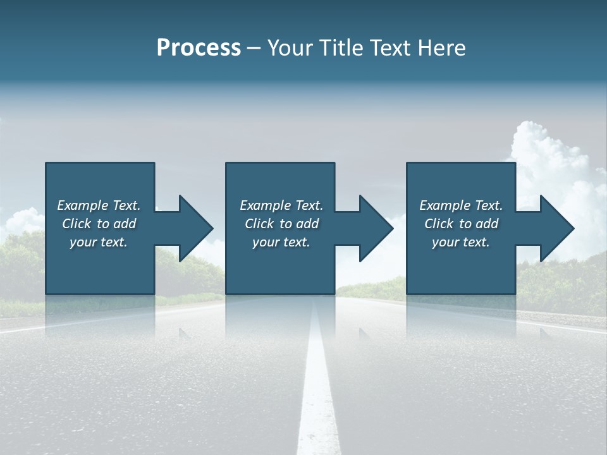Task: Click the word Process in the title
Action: pyautogui.click(x=199, y=48)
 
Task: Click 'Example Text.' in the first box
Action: pyautogui.click(x=99, y=205)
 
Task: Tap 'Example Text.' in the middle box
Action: pyautogui.click(x=281, y=205)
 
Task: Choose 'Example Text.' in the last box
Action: pyautogui.click(x=461, y=205)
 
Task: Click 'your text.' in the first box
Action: pyautogui.click(x=99, y=242)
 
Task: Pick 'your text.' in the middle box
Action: pyautogui.click(x=281, y=242)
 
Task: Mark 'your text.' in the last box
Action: pyautogui.click(x=461, y=242)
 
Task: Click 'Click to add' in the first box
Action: pyautogui.click(x=99, y=224)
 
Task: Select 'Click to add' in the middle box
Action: pyautogui.click(x=281, y=224)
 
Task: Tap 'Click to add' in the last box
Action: pyautogui.click(x=461, y=224)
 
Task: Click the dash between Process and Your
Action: pyautogui.click(x=254, y=49)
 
